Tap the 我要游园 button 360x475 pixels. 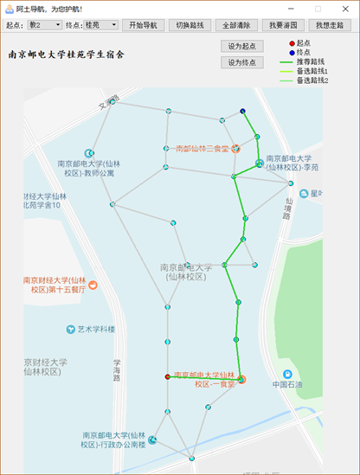280,25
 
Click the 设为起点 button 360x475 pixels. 243,45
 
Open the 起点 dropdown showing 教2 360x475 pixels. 44,25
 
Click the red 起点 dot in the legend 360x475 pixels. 291,42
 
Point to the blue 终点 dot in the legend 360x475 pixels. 291,52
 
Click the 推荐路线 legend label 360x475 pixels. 313,61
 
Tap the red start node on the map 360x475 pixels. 167,376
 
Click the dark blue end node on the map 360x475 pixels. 243,111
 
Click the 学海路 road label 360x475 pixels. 117,370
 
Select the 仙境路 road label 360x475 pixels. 285,209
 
